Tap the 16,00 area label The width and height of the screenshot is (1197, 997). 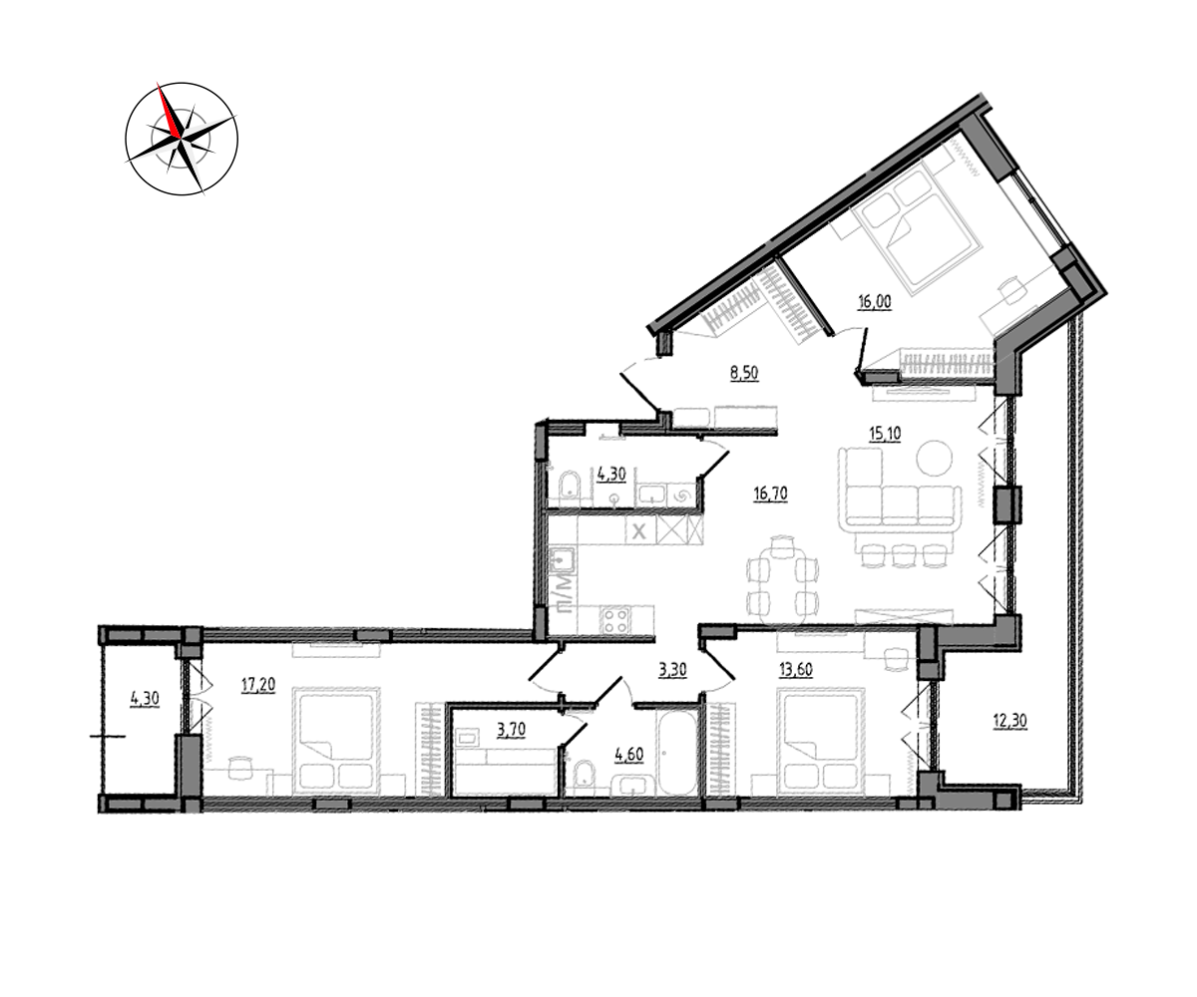pos(874,301)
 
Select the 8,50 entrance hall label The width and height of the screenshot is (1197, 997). pos(744,373)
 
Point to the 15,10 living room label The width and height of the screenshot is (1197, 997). pos(885,433)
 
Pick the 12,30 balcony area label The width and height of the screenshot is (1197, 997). pos(1010,720)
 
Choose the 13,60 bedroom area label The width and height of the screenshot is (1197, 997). pos(796,669)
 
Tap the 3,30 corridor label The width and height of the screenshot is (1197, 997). pos(672,670)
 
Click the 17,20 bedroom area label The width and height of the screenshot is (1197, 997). pos(258,684)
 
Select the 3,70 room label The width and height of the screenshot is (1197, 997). pos(511,730)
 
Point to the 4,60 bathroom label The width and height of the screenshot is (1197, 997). pos(628,754)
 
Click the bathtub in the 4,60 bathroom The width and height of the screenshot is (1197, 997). pos(677,753)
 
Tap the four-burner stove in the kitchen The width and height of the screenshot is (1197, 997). pos(615,620)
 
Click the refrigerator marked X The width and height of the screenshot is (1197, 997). pos(638,531)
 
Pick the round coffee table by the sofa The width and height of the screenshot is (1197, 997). pos(935,458)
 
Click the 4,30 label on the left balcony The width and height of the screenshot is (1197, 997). pos(145,699)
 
